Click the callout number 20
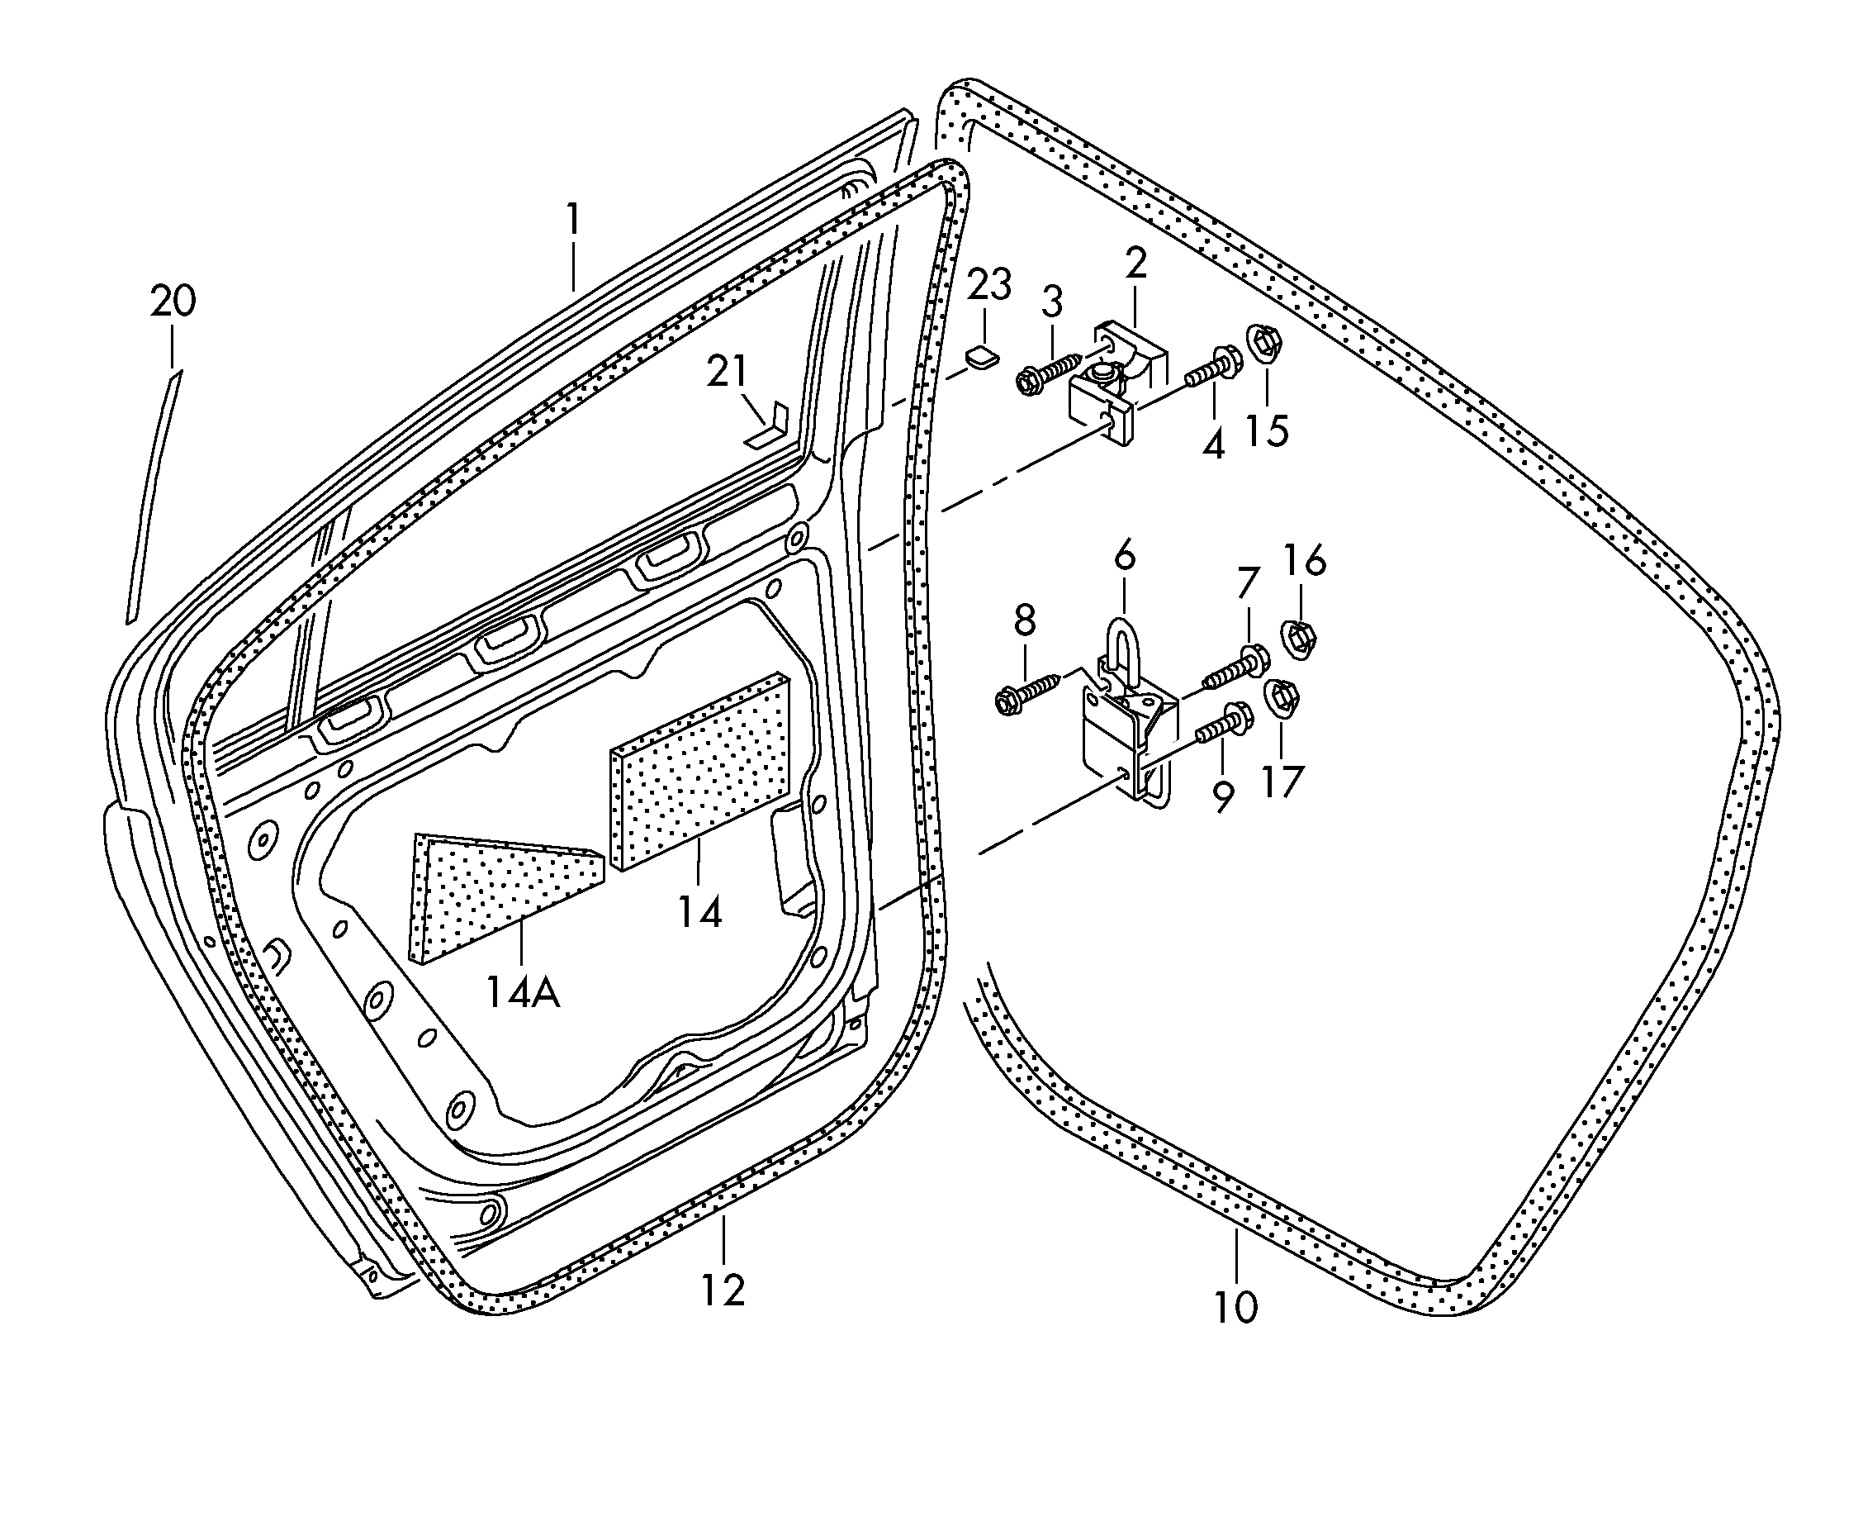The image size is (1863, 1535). pos(173,302)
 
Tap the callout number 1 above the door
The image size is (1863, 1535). pos(574,219)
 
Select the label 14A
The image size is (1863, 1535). pos(522,992)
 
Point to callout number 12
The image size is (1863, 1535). pos(723,1290)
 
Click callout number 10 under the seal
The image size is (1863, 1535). pos(1235,1307)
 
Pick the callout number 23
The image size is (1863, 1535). pos(989,285)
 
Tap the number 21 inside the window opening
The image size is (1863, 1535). pos(728,372)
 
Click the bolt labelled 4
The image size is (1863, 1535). pos(1211,367)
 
